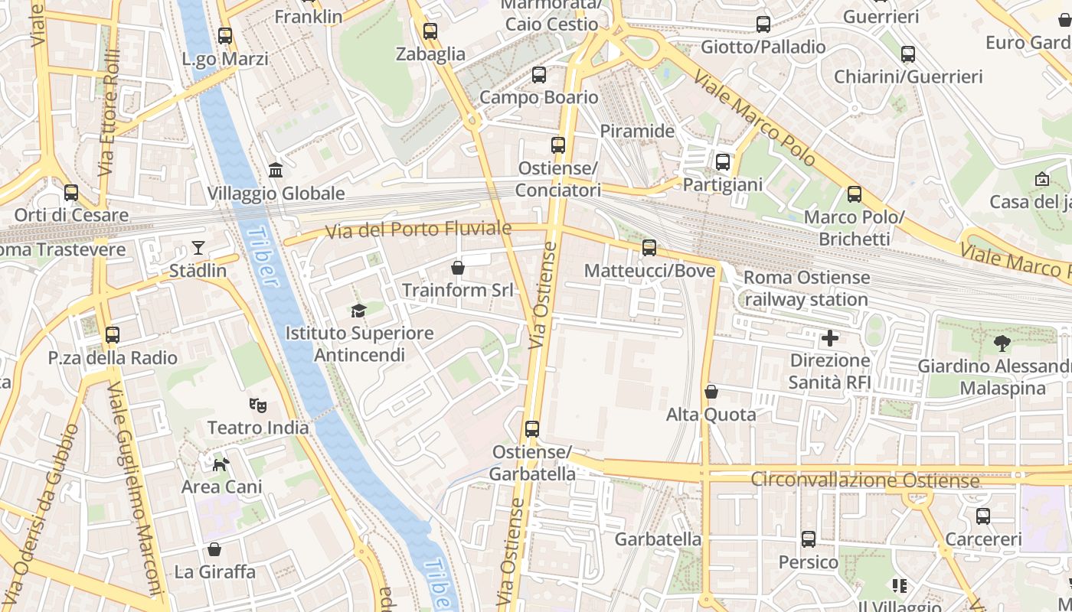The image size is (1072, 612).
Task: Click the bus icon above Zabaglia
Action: point(430,31)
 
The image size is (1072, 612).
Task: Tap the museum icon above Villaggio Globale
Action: point(276,170)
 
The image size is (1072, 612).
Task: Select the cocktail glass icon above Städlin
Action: point(198,247)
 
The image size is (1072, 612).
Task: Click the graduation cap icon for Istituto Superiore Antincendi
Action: point(358,310)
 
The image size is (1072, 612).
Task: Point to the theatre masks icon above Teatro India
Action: point(258,405)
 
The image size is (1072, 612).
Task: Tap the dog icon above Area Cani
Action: point(221,464)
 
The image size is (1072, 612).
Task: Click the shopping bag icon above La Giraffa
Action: point(214,549)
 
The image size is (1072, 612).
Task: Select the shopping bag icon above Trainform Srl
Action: point(458,267)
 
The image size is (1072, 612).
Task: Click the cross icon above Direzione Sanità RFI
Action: point(830,337)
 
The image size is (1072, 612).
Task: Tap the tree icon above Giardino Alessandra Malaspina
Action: point(1002,343)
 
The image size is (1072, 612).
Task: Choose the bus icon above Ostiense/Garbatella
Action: point(532,429)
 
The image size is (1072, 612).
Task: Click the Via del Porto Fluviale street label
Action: point(418,229)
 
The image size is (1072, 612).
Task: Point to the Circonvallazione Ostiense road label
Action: point(865,480)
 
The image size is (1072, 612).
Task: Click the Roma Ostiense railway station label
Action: point(806,288)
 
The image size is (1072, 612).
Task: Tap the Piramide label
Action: point(637,131)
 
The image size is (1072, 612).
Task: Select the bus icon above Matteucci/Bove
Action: point(649,247)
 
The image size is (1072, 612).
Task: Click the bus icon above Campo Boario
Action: point(539,74)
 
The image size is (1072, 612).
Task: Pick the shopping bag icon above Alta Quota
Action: point(711,392)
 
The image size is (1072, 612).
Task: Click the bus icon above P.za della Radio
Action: point(113,334)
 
